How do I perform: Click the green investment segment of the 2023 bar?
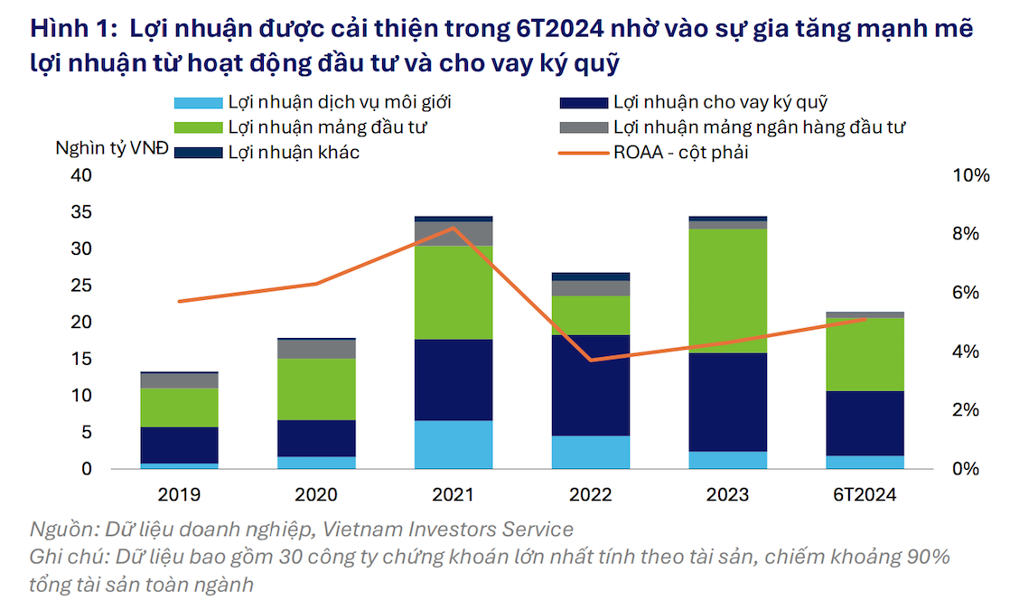[727, 290]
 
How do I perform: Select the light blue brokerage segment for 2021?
[454, 445]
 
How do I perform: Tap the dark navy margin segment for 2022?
[590, 385]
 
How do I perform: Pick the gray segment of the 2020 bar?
[316, 349]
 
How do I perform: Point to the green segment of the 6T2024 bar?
[865, 354]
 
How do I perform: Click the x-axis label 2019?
[179, 494]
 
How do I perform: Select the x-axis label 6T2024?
[865, 494]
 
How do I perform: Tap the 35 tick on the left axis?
[80, 212]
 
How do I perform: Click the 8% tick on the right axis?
[966, 234]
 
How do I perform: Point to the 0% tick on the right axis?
[966, 469]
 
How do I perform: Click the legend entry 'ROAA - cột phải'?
[680, 153]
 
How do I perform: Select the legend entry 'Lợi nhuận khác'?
[294, 153]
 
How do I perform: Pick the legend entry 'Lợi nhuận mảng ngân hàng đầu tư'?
[759, 127]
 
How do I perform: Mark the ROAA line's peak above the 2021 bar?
[454, 228]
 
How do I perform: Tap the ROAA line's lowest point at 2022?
[590, 360]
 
